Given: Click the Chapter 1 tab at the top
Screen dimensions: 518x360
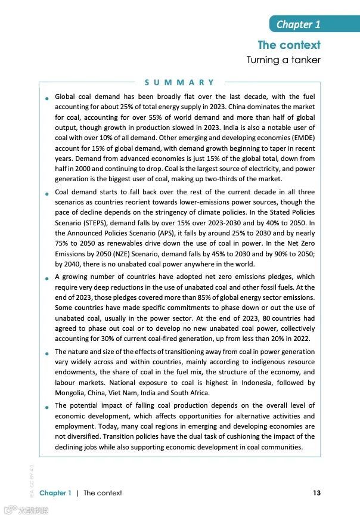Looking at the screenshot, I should point(298,24).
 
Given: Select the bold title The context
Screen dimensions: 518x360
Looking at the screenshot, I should point(289,45).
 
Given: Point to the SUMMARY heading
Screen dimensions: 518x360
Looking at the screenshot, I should point(179,82).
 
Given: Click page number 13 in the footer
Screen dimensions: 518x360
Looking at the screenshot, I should point(316,493).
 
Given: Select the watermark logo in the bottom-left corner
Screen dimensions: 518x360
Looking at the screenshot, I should point(26,510).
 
